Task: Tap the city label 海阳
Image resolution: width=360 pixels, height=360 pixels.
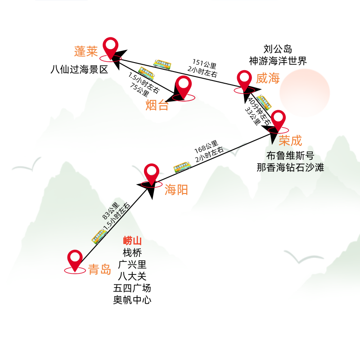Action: click(x=176, y=190)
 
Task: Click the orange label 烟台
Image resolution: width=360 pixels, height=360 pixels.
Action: click(x=157, y=106)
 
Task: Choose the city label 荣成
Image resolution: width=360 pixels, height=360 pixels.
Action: click(x=290, y=140)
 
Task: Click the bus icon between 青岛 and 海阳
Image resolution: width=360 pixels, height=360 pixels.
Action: click(x=99, y=236)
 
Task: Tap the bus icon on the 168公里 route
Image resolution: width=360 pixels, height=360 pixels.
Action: click(x=182, y=167)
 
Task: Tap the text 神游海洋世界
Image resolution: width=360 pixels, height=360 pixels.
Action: click(x=278, y=61)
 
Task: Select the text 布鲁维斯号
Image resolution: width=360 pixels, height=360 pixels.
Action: click(x=290, y=156)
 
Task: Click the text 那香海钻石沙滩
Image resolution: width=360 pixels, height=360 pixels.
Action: click(x=290, y=168)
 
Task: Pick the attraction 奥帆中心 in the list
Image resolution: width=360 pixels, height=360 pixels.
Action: click(x=132, y=300)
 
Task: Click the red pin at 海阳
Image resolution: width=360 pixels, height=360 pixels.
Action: click(x=152, y=172)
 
